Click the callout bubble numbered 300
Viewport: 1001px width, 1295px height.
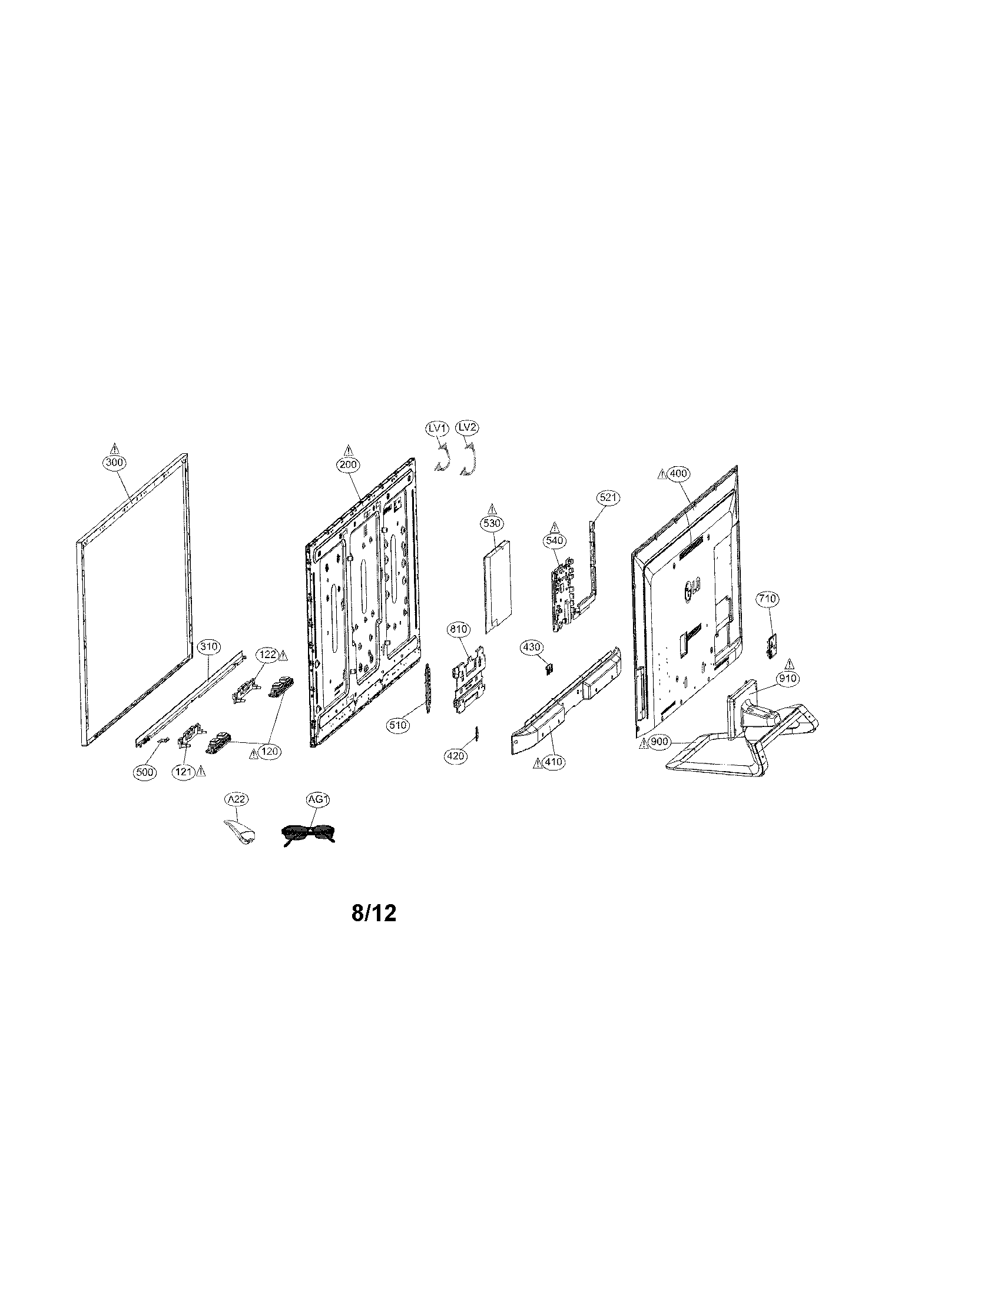[115, 463]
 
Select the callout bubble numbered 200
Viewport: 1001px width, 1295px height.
[348, 466]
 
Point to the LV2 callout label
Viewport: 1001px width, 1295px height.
[468, 427]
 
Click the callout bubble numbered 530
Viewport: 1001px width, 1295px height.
[492, 523]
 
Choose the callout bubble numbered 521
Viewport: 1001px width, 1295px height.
[608, 498]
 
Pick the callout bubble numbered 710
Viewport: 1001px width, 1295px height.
[767, 599]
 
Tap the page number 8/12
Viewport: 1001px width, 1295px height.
[373, 914]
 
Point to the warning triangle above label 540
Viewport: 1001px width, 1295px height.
[555, 527]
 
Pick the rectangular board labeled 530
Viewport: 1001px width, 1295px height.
[496, 587]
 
